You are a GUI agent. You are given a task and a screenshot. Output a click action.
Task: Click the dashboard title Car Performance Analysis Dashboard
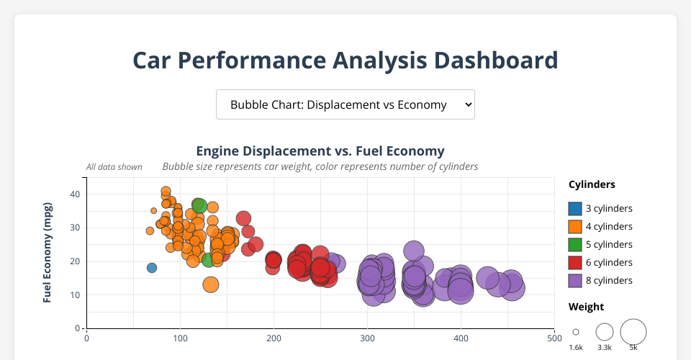[345, 60]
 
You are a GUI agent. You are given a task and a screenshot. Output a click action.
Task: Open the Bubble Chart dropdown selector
[345, 104]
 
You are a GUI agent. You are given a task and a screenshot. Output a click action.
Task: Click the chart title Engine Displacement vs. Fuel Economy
[320, 151]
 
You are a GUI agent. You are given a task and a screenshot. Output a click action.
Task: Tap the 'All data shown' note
[114, 167]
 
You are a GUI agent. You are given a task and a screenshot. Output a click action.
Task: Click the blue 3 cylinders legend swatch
[575, 209]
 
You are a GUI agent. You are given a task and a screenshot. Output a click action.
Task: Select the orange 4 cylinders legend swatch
[575, 227]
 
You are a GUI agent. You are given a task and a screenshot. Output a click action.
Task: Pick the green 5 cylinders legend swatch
[575, 245]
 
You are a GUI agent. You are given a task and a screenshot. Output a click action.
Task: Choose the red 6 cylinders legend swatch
[575, 263]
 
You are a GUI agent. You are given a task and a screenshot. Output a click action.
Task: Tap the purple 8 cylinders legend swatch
[575, 281]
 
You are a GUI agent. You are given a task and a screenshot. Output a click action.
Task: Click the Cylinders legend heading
[592, 184]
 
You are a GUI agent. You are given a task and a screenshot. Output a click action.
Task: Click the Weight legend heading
[586, 307]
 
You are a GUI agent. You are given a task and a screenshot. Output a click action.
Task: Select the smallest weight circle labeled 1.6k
[576, 332]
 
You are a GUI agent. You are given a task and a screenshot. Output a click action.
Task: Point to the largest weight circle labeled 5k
[633, 332]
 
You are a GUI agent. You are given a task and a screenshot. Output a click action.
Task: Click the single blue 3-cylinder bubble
[152, 268]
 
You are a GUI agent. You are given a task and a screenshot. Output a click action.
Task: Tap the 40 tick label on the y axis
[74, 194]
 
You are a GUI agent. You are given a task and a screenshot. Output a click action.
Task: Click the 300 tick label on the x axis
[367, 337]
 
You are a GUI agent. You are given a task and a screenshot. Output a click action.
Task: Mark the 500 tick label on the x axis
[554, 337]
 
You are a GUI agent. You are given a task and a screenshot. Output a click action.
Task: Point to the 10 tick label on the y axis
[74, 295]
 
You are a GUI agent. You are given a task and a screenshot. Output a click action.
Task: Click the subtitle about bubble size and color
[320, 166]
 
